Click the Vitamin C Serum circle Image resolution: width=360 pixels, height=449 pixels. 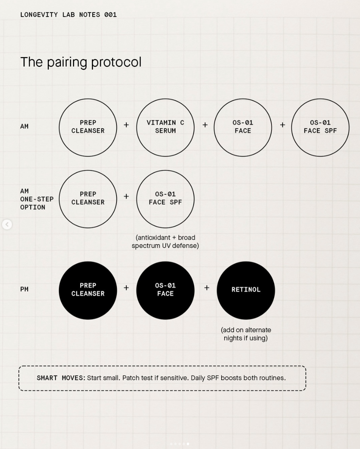(165, 127)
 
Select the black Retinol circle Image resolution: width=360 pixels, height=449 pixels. (246, 290)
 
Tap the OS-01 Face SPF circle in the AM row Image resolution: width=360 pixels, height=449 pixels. (320, 127)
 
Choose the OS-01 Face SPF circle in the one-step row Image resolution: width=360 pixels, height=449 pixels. (165, 199)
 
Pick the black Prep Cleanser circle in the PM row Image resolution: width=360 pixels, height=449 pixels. (88, 290)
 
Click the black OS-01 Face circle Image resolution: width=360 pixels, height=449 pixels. (165, 290)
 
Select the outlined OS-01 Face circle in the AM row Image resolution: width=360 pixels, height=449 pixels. (243, 127)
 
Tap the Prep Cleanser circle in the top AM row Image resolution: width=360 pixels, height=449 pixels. (88, 127)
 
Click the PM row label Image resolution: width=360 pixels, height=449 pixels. (24, 289)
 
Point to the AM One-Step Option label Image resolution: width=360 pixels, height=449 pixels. (37, 199)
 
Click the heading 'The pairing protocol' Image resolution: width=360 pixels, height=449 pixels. (81, 62)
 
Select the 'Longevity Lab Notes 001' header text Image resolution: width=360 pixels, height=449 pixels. (68, 15)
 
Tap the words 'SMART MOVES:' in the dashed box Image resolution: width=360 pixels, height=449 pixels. (61, 378)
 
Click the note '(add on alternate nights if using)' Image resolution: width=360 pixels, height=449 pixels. (246, 334)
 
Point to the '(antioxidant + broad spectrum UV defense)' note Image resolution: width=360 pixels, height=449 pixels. (165, 242)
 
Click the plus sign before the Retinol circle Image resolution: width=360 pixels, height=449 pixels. (207, 288)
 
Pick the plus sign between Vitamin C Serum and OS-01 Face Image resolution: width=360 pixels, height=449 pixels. (205, 125)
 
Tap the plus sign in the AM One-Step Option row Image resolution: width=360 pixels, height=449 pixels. (126, 197)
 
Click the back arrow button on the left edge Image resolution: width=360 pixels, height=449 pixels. (7, 225)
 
